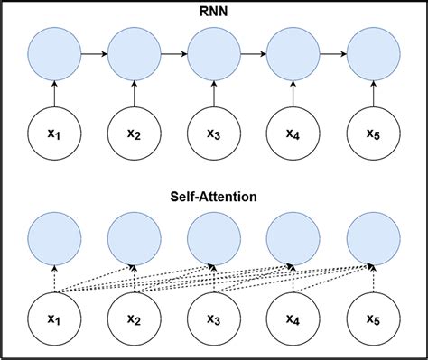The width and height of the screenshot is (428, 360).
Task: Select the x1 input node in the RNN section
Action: (x=53, y=134)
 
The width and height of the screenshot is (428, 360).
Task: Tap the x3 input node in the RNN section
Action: (x=213, y=134)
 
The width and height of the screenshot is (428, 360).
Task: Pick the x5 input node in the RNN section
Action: (x=372, y=134)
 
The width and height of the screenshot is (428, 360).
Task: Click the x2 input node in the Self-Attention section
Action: (x=134, y=317)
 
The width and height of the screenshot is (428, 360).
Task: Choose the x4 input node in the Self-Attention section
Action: (x=293, y=317)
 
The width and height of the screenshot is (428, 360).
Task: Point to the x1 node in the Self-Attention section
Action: (x=53, y=317)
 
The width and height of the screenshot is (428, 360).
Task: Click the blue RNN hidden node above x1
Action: (x=53, y=53)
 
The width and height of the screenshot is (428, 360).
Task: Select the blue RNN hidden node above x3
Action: (x=213, y=53)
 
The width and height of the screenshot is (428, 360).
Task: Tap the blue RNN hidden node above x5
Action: (x=372, y=53)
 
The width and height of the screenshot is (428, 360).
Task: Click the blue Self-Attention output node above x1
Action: (x=53, y=237)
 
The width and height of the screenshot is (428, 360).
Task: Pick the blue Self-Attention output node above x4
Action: (x=293, y=237)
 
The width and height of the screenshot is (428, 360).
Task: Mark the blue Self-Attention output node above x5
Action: (x=372, y=237)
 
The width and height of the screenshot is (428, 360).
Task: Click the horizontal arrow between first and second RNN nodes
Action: (x=93, y=53)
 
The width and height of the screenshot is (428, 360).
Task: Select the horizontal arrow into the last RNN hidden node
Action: (x=332, y=53)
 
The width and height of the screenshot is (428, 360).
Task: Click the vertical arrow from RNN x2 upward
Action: (x=134, y=94)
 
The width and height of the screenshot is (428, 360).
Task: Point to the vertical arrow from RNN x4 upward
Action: (x=293, y=94)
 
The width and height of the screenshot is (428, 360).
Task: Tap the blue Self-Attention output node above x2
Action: (x=134, y=237)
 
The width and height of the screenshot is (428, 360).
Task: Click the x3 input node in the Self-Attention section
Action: (x=213, y=317)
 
